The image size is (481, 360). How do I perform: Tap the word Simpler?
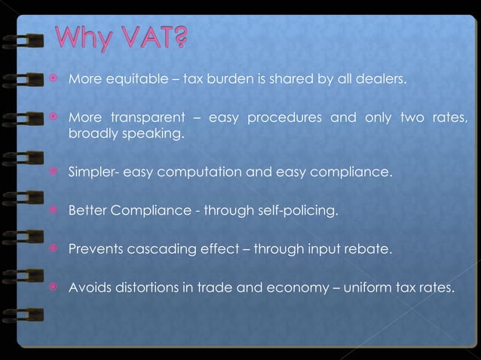pos(90,172)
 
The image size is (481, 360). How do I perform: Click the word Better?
pos(87,210)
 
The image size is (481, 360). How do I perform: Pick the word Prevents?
pos(94,248)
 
